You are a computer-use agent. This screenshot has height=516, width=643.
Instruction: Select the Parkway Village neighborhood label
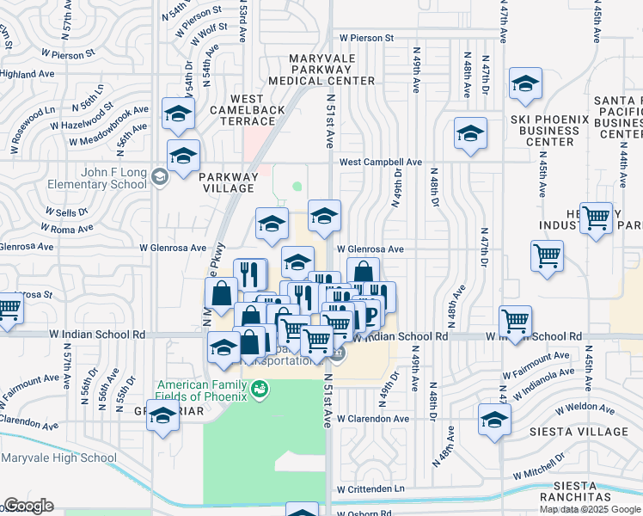tap(228, 182)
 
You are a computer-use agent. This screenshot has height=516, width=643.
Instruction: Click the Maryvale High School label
tap(58, 458)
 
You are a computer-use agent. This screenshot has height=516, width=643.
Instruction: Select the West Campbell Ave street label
tap(380, 162)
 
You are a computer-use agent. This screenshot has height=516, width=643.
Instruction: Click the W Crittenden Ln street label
tap(370, 489)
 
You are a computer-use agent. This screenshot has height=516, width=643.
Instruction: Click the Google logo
tap(28, 506)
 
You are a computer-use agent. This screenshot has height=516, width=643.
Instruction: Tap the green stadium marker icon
tap(259, 390)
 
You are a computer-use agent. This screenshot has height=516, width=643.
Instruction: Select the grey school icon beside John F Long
tap(158, 178)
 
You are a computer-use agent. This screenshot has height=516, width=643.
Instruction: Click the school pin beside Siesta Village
tap(495, 420)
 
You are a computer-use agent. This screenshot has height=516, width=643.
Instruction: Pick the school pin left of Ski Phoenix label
tap(470, 133)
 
